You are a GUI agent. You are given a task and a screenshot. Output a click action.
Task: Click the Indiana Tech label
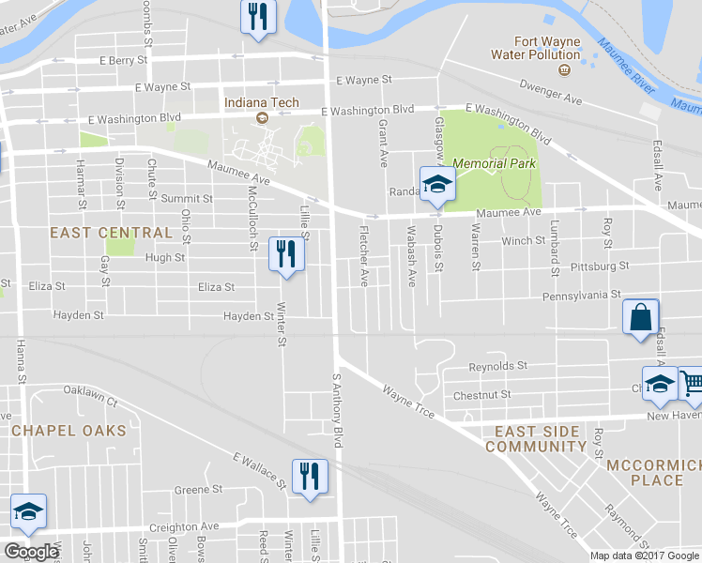click(x=260, y=101)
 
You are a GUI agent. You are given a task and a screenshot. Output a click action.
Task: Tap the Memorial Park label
click(x=494, y=163)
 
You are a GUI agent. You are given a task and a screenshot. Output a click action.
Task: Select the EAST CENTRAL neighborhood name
click(x=111, y=233)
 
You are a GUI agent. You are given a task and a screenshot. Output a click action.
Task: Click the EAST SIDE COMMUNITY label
click(x=535, y=439)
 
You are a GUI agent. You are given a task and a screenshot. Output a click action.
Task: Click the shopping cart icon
click(x=691, y=382)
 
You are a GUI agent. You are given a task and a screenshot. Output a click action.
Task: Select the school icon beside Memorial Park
click(x=436, y=183)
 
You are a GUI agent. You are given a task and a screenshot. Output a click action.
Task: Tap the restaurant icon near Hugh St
click(x=286, y=253)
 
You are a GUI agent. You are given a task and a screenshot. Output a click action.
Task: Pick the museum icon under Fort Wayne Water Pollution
click(x=565, y=69)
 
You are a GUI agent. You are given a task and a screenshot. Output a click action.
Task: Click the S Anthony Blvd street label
click(x=335, y=411)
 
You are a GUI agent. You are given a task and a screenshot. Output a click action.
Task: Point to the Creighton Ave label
click(x=193, y=527)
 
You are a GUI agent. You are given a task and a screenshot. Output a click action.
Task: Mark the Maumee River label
click(x=627, y=66)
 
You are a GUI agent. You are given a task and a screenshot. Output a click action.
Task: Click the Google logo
click(x=31, y=552)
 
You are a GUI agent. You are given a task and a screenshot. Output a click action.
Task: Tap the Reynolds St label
click(x=498, y=366)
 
